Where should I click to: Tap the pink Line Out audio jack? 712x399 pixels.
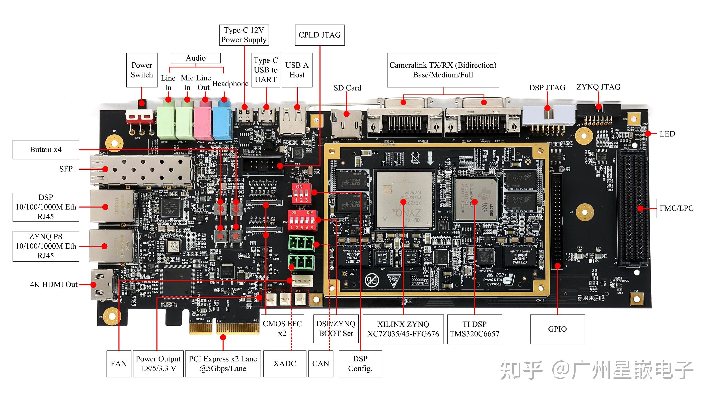tap(203, 122)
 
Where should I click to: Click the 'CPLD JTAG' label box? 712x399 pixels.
tap(320, 35)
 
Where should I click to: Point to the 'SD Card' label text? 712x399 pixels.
tap(347, 88)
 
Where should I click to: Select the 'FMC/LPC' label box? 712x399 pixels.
tap(676, 209)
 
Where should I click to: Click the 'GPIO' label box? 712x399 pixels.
tap(557, 329)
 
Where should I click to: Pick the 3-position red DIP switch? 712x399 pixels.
tap(301, 193)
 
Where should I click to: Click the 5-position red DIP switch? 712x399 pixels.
tap(302, 220)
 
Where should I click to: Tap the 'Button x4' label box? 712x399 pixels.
tap(46, 150)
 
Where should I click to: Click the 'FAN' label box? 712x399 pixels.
tap(119, 364)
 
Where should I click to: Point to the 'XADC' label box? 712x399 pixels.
tap(284, 364)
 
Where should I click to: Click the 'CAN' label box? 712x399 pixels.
tap(321, 364)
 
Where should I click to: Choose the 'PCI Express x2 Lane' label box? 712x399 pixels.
tap(223, 364)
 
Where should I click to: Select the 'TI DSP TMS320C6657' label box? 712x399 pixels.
tap(474, 329)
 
